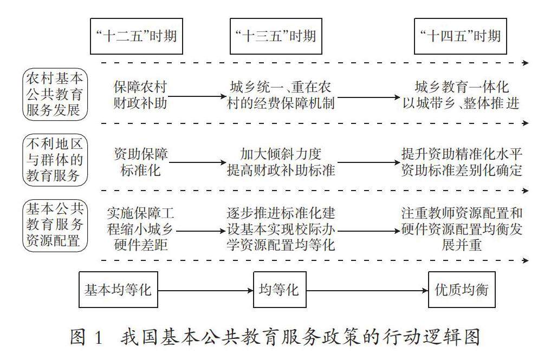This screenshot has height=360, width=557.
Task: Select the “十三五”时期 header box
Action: (x=275, y=36)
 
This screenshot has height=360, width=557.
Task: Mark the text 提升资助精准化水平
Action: (x=462, y=154)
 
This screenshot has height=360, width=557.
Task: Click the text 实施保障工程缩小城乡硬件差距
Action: (x=140, y=228)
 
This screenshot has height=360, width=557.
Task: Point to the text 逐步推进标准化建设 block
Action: (x=280, y=228)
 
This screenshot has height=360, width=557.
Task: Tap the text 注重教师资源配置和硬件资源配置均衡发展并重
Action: (x=462, y=228)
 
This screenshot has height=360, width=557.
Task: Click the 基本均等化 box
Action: (x=118, y=290)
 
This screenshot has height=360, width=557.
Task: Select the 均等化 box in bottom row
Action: (x=280, y=290)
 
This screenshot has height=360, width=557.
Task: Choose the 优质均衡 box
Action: (x=462, y=290)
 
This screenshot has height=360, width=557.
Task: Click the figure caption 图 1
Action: (x=86, y=337)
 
